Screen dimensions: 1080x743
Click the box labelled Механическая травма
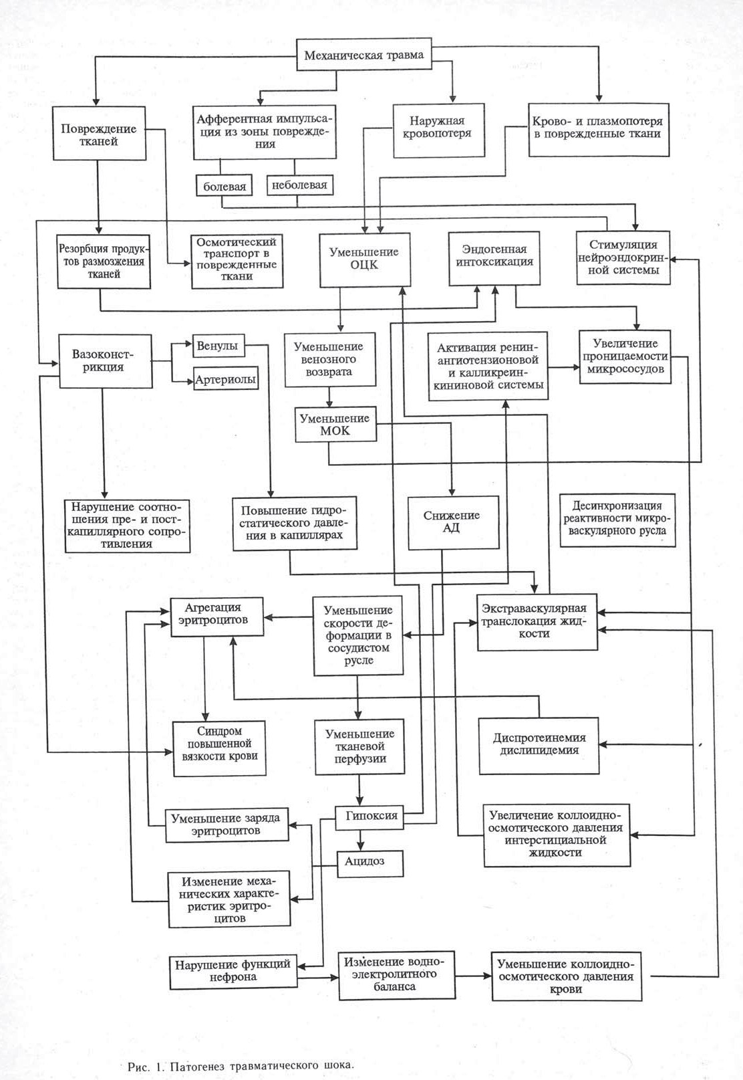363,55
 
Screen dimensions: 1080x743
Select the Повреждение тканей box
99,134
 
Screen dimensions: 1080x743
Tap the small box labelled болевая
225,186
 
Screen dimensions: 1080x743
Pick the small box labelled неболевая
299,185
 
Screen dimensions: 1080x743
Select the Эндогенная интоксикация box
494,255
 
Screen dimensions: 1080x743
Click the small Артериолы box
226,379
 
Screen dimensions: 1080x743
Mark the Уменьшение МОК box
335,425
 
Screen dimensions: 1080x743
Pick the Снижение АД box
453,522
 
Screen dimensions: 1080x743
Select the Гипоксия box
371,815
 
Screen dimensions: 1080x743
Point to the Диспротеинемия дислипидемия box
539,744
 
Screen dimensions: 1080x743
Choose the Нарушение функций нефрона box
233,971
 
